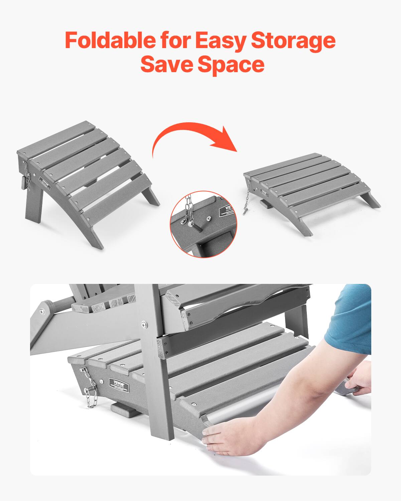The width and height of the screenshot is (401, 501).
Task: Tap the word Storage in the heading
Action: tap(293, 41)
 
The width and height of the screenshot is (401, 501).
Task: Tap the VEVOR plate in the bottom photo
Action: tap(119, 383)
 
